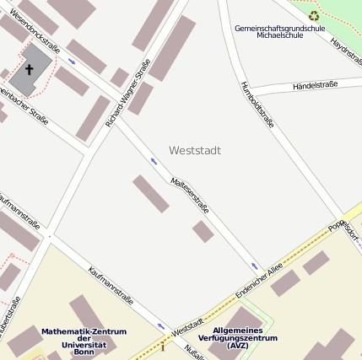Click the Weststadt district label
(195, 151)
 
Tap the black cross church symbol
(30, 70)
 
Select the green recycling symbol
(314, 15)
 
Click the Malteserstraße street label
(190, 195)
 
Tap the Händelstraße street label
(314, 85)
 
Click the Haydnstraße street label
(346, 55)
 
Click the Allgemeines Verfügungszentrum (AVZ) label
(237, 337)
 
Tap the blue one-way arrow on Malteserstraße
(154, 160)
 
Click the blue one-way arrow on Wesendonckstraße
(71, 62)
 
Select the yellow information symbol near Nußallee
(163, 347)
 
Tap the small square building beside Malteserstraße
(203, 231)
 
